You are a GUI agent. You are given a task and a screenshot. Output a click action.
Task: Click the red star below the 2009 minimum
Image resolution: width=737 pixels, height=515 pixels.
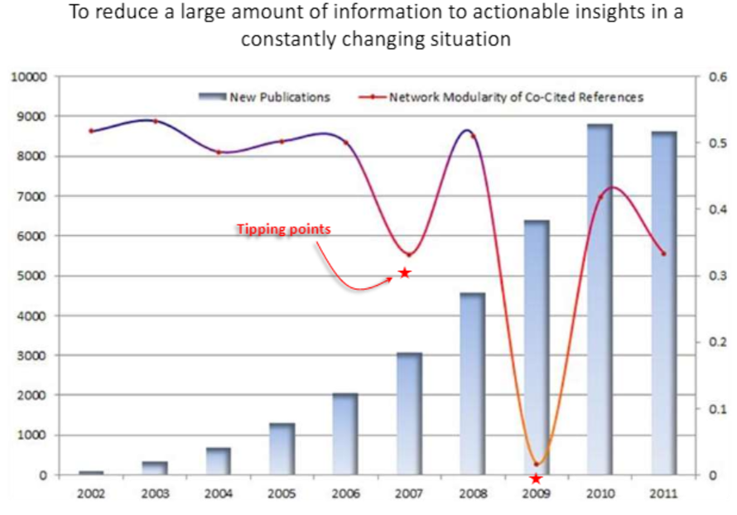pos(536,479)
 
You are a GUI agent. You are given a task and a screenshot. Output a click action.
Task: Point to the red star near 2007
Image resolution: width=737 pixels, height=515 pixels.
pos(404,273)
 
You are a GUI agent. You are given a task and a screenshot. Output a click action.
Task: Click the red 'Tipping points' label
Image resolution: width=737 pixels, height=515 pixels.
pos(283,229)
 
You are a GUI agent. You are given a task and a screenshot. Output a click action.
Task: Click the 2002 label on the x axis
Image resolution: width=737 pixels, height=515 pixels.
pos(91,493)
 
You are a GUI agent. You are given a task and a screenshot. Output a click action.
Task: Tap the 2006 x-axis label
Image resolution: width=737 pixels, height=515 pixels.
pos(345,493)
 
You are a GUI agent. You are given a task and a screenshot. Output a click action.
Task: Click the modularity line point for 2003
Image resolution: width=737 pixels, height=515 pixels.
pos(155,121)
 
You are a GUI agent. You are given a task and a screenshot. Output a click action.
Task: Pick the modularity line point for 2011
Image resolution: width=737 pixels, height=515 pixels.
pos(663,253)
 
